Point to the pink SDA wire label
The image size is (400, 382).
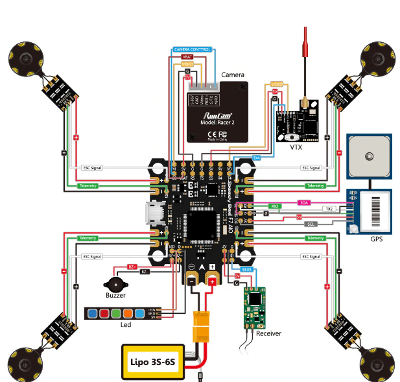pyautogui.click(x=304, y=202)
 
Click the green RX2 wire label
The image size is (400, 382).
pyautogui.click(x=275, y=206)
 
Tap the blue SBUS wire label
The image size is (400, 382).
pyautogui.click(x=246, y=269)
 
